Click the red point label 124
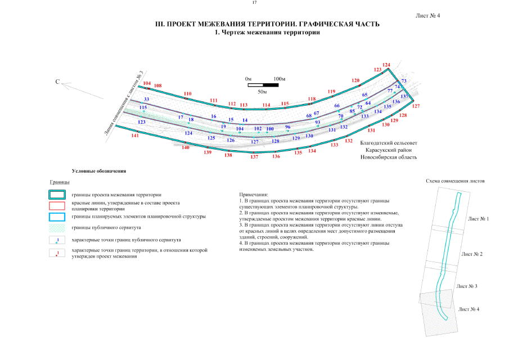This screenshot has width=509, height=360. [x=386, y=65]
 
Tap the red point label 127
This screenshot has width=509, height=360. [x=416, y=106]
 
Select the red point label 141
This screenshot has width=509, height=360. [x=135, y=136]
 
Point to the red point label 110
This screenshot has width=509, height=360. [x=188, y=93]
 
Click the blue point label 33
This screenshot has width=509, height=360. [x=146, y=99]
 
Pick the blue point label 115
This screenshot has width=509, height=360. [x=143, y=107]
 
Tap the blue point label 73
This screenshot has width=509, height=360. [x=403, y=82]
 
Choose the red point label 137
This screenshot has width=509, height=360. [x=254, y=157]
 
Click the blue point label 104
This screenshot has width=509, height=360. [x=240, y=129]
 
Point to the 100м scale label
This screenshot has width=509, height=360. [x=280, y=79]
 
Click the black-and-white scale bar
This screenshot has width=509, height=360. [x=263, y=85]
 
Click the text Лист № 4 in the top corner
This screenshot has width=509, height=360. [x=427, y=16]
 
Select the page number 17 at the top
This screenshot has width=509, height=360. [x=254, y=3]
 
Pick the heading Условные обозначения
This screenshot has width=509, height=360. [x=99, y=170]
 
